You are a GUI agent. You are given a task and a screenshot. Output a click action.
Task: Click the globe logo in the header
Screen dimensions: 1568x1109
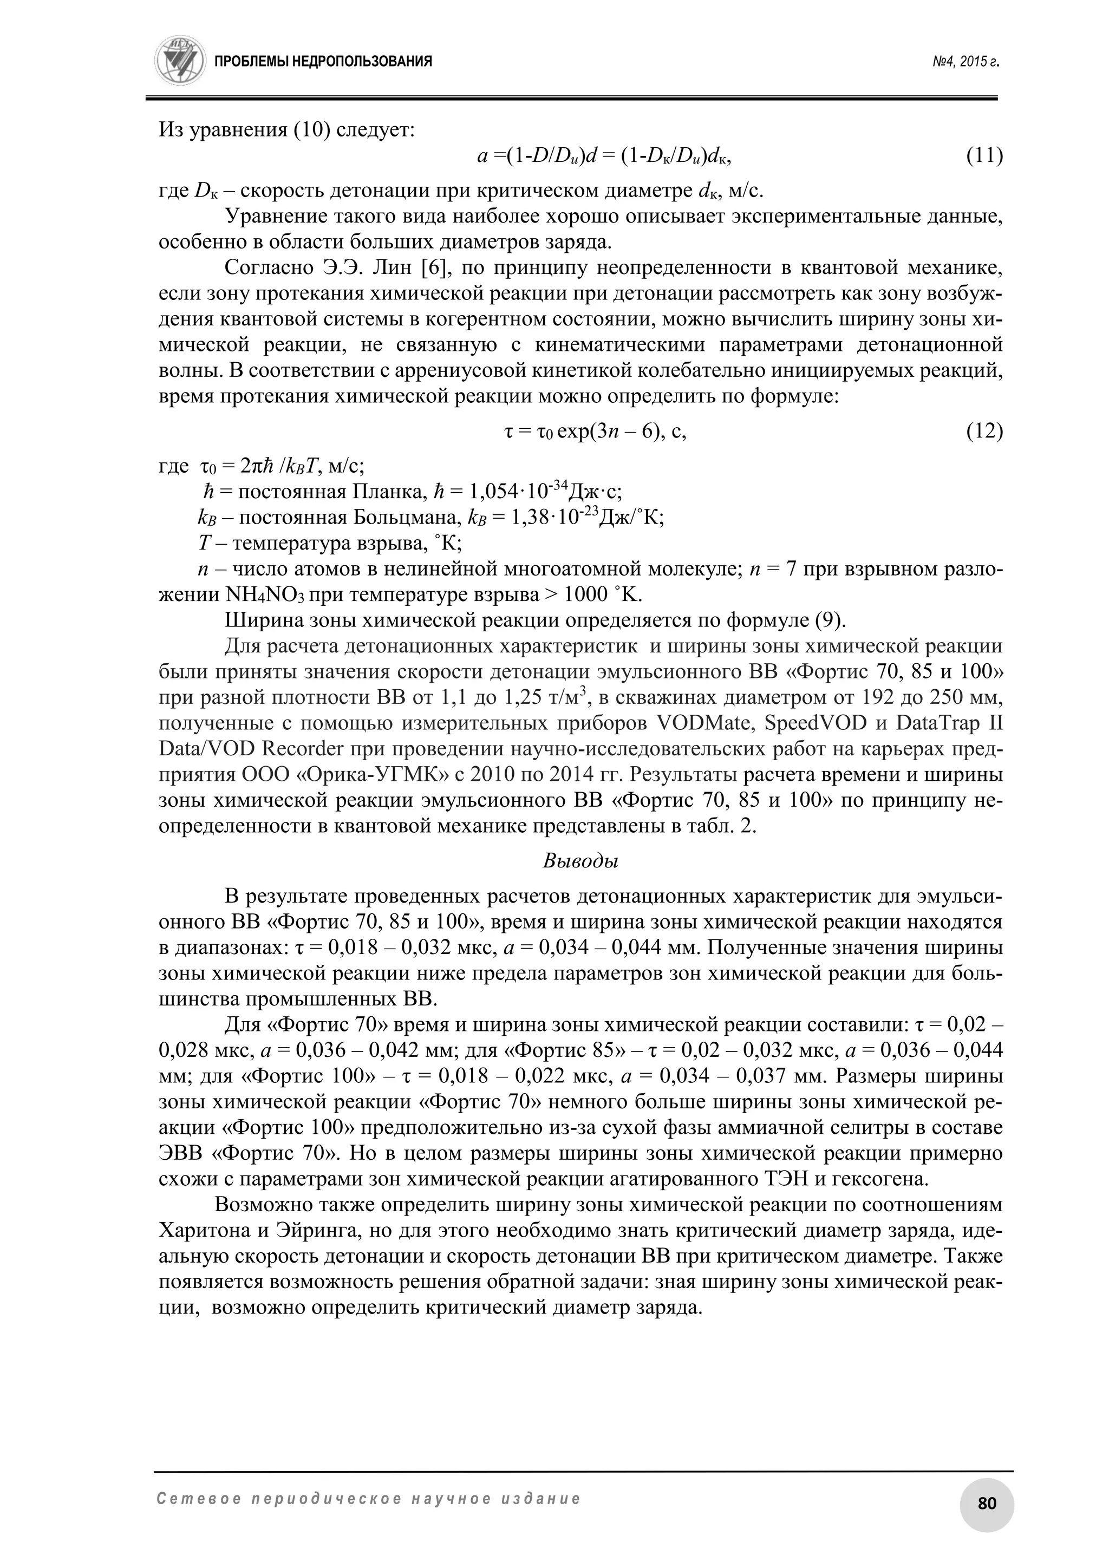pyautogui.click(x=180, y=61)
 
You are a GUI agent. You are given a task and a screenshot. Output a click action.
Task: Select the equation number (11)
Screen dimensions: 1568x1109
pyautogui.click(x=984, y=156)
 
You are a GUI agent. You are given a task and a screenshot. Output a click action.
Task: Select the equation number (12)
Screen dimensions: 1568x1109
pyautogui.click(x=984, y=432)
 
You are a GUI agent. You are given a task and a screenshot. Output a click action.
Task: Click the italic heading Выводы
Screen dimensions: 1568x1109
pyautogui.click(x=580, y=861)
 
